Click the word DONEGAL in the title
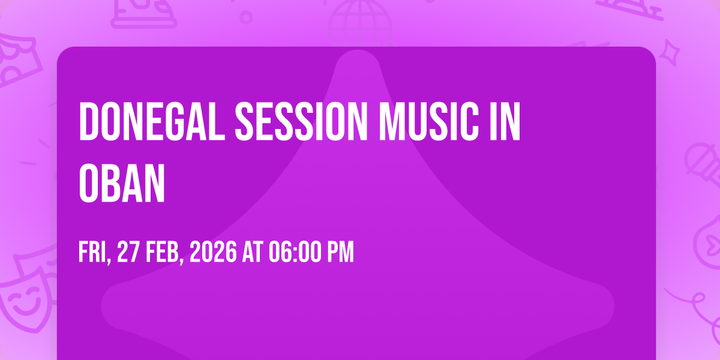point(152,121)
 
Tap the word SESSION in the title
point(301,121)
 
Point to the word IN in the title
point(505,121)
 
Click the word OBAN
point(122,183)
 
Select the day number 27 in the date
point(128,252)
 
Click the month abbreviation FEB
point(164,253)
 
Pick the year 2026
point(213,252)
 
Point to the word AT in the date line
point(253,252)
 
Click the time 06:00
point(295,252)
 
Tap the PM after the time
point(340,252)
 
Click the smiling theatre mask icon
point(26,302)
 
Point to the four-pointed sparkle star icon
point(670,53)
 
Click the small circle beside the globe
point(246,17)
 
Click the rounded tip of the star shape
point(358,53)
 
